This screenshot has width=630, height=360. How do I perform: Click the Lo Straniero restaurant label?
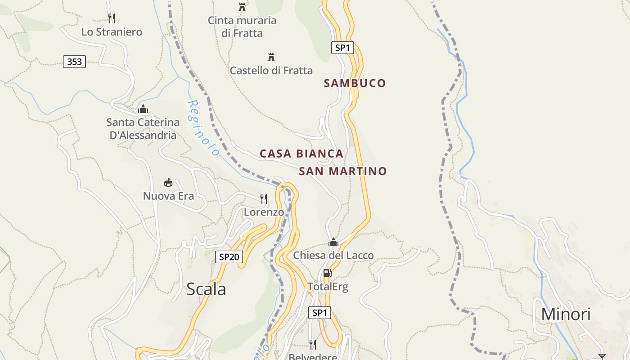(x=112, y=32)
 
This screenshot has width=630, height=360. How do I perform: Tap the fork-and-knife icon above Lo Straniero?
(x=112, y=18)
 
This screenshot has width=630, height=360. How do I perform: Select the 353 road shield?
(x=74, y=62)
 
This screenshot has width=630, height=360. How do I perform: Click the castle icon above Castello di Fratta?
(x=271, y=57)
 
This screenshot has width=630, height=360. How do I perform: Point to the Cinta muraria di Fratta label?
(x=242, y=27)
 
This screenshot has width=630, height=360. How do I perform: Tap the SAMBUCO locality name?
(x=355, y=83)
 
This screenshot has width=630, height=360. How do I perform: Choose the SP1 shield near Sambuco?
(x=342, y=47)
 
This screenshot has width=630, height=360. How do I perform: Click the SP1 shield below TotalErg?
(x=319, y=313)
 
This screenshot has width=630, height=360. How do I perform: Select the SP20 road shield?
(x=229, y=257)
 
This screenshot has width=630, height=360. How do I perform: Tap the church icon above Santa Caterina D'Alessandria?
(x=143, y=109)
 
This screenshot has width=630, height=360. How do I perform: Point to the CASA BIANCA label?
(x=301, y=154)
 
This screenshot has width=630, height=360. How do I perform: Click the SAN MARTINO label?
(x=343, y=171)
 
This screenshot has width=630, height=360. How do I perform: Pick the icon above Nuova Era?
(x=168, y=182)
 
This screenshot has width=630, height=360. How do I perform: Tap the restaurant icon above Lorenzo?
(x=264, y=198)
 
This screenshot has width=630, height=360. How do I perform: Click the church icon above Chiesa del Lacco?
(x=333, y=243)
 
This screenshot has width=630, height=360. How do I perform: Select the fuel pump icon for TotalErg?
(x=328, y=273)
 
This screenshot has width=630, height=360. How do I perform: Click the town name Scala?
(x=206, y=289)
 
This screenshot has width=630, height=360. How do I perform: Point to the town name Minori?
(x=566, y=314)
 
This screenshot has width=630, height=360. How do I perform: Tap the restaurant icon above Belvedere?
(x=312, y=345)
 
